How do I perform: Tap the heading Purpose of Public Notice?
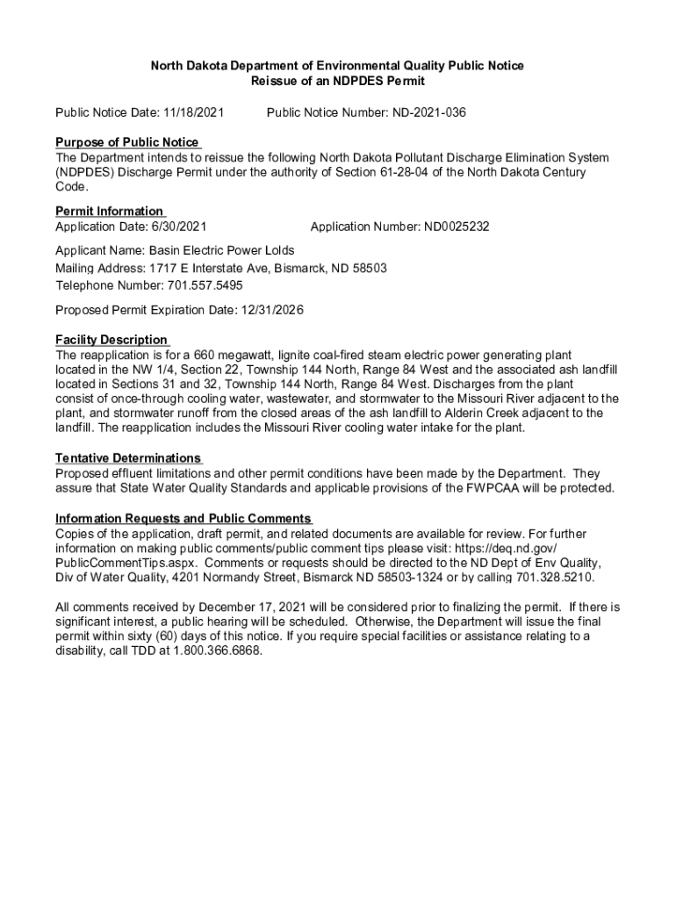tap(127, 142)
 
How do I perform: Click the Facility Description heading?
tap(111, 340)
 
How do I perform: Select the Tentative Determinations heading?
tap(128, 458)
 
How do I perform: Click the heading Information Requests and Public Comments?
tap(183, 518)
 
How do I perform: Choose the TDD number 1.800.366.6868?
tap(217, 651)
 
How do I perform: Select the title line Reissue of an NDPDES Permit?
tap(337, 81)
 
